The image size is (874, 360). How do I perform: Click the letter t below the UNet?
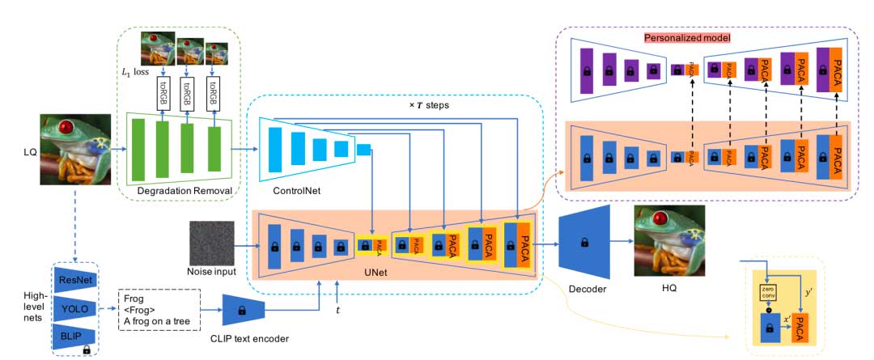(338, 309)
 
